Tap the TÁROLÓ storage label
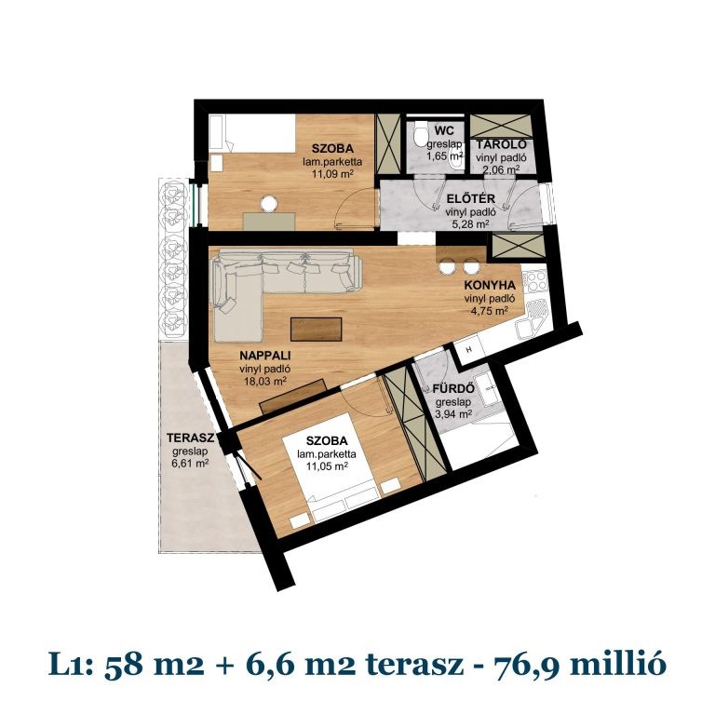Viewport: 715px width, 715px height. point(502,145)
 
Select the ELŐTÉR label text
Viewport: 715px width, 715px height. point(463,198)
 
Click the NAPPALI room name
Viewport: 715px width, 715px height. point(263,356)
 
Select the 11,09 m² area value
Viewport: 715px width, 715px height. point(335,173)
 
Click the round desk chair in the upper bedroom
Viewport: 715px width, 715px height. point(271,202)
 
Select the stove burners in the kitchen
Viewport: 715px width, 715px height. point(535,278)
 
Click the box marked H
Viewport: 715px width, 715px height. point(469,350)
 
